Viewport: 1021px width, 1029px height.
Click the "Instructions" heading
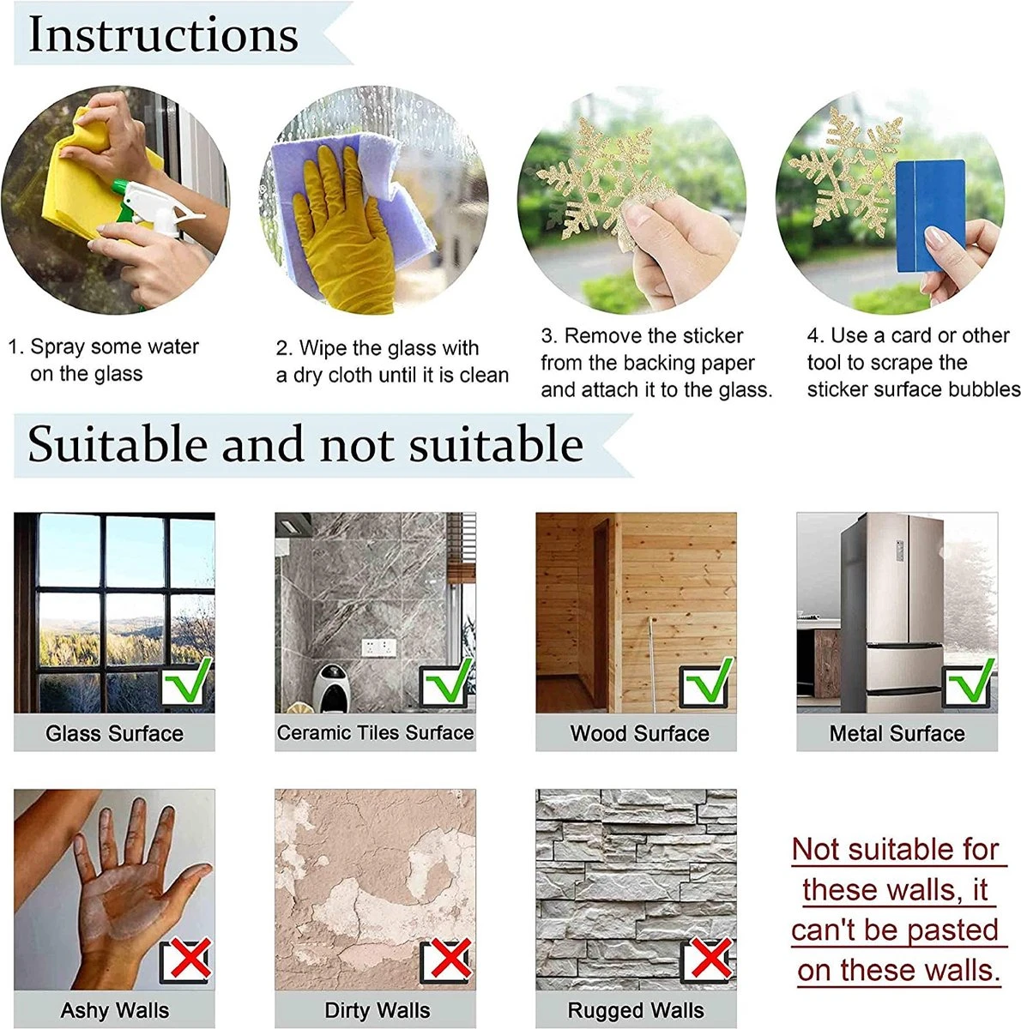pyautogui.click(x=164, y=34)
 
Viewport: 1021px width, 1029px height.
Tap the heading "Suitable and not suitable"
pyautogui.click(x=305, y=443)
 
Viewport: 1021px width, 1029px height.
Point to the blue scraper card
pyautogui.click(x=929, y=215)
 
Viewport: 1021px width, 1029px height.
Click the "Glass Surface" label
pyautogui.click(x=114, y=733)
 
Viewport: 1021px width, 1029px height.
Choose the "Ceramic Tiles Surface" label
pyautogui.click(x=375, y=732)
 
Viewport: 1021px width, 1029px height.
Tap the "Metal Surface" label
pyautogui.click(x=897, y=733)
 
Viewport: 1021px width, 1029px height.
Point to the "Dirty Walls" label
pyautogui.click(x=377, y=1010)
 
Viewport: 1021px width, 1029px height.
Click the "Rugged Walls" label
pyautogui.click(x=636, y=1010)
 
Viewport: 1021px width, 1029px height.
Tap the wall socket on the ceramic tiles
pyautogui.click(x=378, y=647)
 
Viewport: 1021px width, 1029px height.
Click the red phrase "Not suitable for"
pyautogui.click(x=895, y=849)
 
